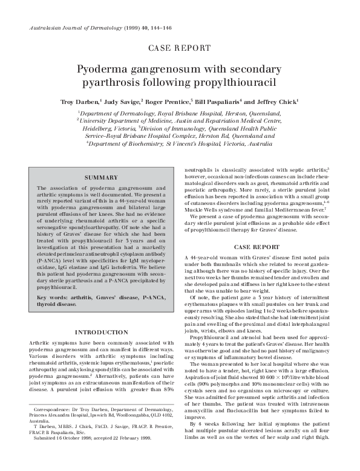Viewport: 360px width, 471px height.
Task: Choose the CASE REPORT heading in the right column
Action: (x=259, y=245)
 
